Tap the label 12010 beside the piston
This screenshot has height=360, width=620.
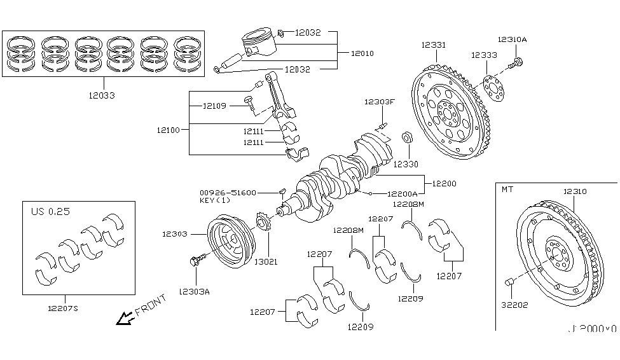pos(363,53)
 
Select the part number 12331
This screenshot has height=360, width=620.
pos(433,45)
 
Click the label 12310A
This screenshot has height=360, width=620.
pos(512,39)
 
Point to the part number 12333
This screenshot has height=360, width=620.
pos(484,55)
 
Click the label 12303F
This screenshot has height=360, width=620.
pos(380,102)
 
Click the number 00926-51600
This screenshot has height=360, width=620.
pos(227,191)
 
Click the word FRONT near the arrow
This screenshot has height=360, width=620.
pos(151,305)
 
